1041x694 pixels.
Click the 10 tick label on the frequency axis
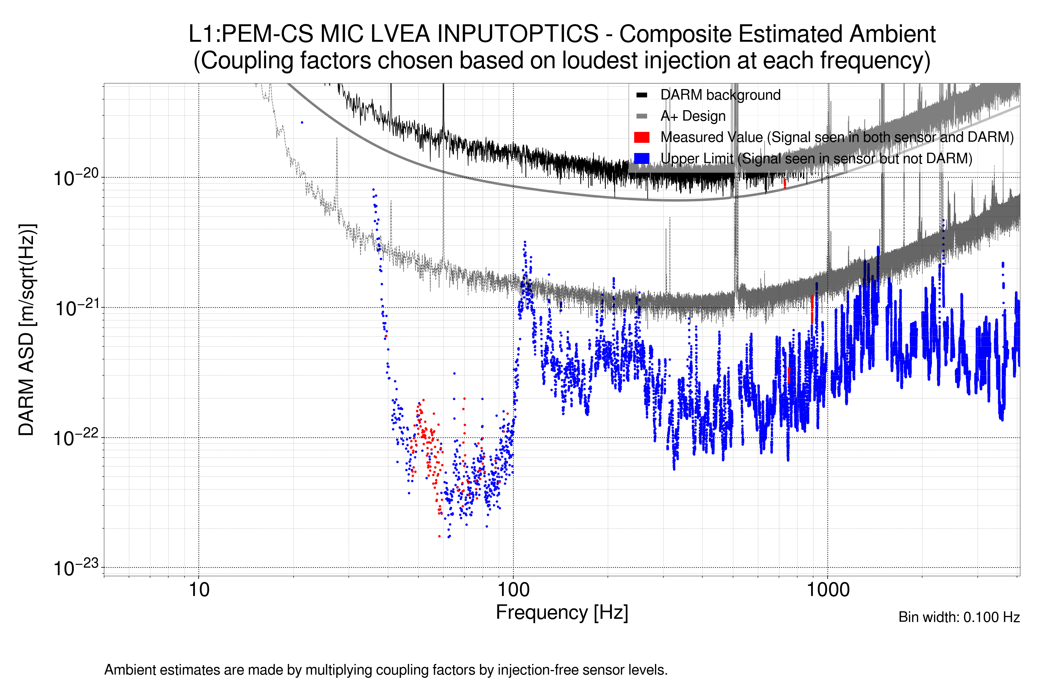click(199, 590)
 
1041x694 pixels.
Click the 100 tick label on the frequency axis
click(514, 590)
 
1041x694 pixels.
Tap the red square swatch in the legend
click(641, 137)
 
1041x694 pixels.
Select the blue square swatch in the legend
click(641, 158)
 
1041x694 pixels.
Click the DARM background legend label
click(720, 95)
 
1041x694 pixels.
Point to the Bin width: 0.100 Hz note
click(959, 617)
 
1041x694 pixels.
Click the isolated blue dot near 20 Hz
click(302, 123)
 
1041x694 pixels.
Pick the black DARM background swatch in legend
click(641, 95)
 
